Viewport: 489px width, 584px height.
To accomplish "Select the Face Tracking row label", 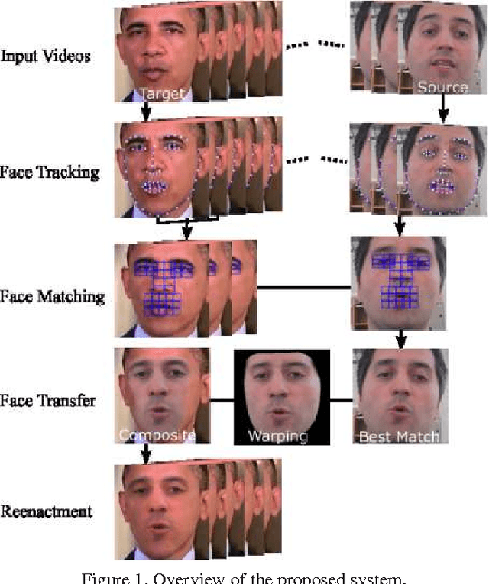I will tap(50, 172).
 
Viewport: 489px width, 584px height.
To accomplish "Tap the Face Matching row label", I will tap(52, 295).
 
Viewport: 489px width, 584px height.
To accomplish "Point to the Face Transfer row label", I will tap(48, 399).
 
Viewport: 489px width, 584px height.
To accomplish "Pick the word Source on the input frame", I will tap(442, 87).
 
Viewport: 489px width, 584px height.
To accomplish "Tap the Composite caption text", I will tap(157, 436).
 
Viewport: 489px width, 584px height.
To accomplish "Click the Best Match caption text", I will tap(399, 437).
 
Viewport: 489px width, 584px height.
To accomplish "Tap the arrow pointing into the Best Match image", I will tap(399, 339).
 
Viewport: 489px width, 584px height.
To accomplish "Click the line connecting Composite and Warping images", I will tap(222, 399).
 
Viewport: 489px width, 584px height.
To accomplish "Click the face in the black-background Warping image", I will tap(280, 395).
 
